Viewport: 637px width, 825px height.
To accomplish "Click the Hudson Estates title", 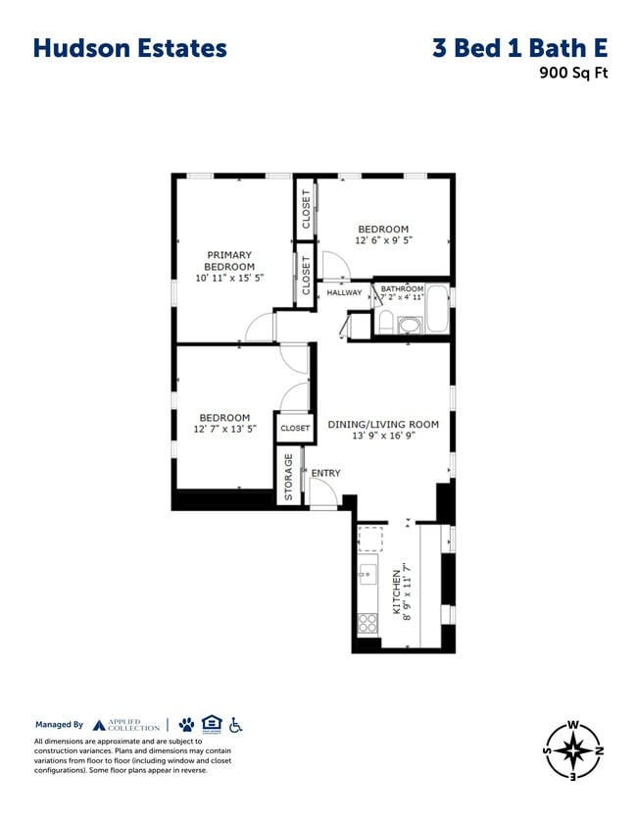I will point(129,48).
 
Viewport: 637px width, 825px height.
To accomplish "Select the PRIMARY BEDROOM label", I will point(229,260).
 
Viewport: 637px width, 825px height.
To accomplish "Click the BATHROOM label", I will point(402,288).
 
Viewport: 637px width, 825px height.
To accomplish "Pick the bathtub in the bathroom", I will point(438,309).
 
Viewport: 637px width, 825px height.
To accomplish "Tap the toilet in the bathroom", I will point(386,322).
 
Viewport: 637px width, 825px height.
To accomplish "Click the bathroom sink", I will point(409,325).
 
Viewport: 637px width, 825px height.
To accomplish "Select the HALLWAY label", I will point(344,291).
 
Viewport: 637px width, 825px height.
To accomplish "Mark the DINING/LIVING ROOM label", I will point(382,424).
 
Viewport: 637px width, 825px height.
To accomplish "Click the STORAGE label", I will point(288,477).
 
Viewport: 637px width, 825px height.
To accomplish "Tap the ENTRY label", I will point(325,473).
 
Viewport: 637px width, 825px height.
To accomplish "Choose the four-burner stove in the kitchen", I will point(368,622).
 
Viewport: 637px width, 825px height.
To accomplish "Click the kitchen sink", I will point(368,574).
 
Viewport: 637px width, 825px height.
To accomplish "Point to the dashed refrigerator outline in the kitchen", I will point(370,538).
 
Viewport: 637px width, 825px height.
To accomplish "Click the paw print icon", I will point(186,724).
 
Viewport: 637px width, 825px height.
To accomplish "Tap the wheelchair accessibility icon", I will point(235,724).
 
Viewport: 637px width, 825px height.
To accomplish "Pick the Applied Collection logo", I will point(125,725).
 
